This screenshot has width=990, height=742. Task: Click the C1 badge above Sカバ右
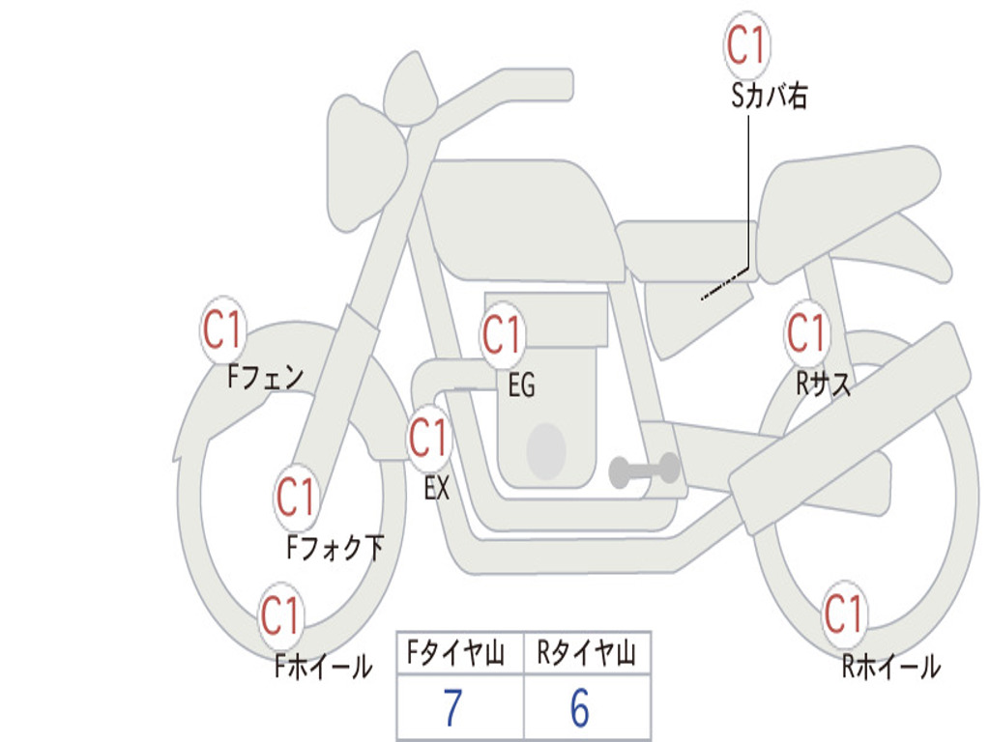tap(746, 43)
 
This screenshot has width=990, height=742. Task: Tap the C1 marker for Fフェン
tap(223, 331)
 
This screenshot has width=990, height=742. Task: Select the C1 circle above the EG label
tap(503, 335)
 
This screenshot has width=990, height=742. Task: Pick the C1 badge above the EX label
tap(429, 439)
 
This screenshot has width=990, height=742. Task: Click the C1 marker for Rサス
tap(805, 333)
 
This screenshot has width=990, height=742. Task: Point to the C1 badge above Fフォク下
tap(297, 498)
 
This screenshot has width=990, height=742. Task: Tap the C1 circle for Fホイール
tap(281, 615)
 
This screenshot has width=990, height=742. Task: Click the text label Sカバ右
tap(770, 96)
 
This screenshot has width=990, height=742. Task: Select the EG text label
tap(521, 385)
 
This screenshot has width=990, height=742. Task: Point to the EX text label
tap(437, 489)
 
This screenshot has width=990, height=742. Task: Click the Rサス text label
tap(824, 385)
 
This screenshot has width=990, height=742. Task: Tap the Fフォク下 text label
tap(335, 549)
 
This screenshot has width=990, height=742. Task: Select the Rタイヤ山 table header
tap(586, 655)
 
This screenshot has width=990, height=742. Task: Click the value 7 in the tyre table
tap(452, 709)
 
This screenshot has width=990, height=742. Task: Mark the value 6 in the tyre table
tap(580, 709)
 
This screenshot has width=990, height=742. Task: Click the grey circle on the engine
tap(545, 449)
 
